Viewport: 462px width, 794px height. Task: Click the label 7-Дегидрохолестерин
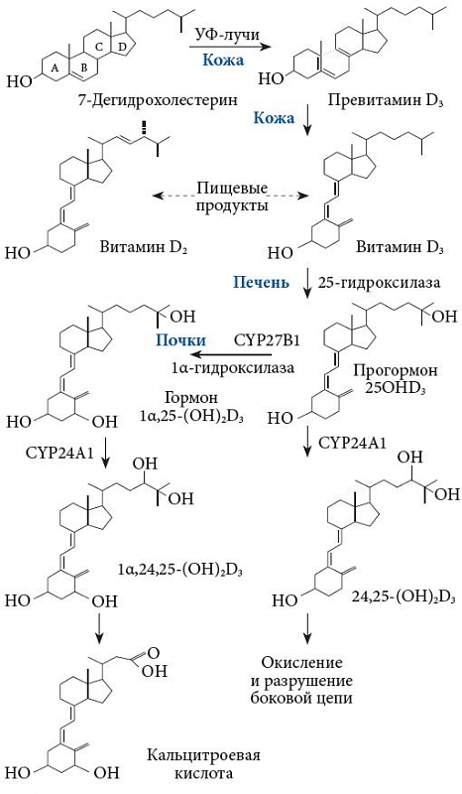click(x=158, y=100)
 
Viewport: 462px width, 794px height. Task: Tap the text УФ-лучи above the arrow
click(x=228, y=36)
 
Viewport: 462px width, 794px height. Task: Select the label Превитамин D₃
click(x=386, y=100)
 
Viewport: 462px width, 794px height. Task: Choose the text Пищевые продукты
click(x=232, y=198)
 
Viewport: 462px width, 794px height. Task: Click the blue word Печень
click(x=261, y=282)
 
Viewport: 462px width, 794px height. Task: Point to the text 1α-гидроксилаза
click(x=230, y=368)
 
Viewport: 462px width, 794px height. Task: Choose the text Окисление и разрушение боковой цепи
click(x=301, y=680)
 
